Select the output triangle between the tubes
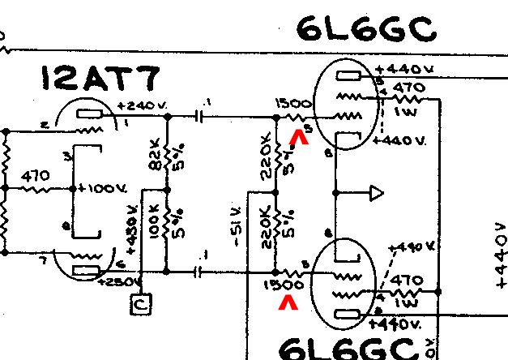(x=376, y=193)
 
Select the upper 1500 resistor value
(x=289, y=105)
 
